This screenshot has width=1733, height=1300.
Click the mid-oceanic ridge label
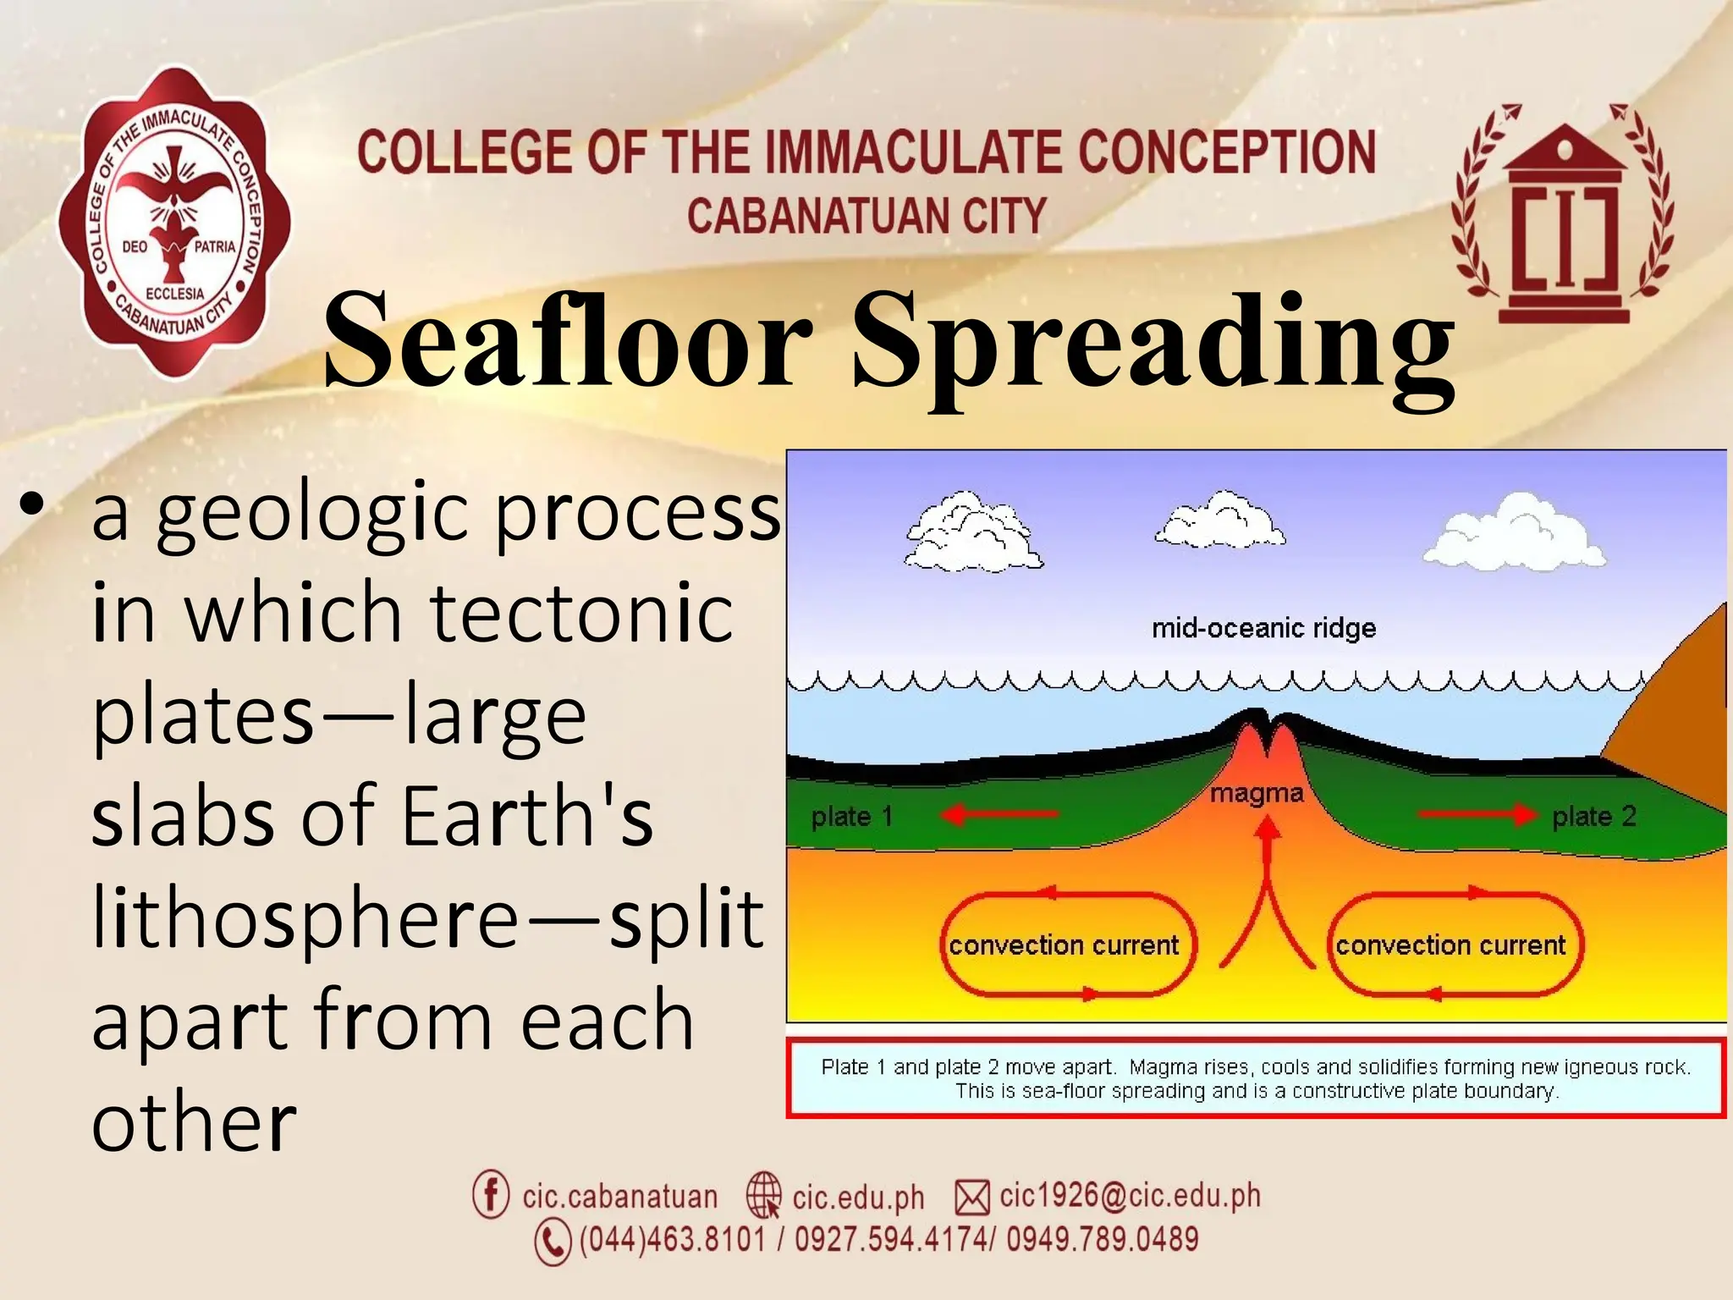[x=1263, y=628]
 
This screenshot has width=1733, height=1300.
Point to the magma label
[x=1256, y=793]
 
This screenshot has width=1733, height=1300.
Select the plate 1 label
[x=851, y=816]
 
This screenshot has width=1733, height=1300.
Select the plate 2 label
[x=1593, y=816]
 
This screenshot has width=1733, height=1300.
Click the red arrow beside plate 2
[x=1477, y=814]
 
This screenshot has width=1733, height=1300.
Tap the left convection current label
[x=1064, y=945]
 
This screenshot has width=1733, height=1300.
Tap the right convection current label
[x=1450, y=945]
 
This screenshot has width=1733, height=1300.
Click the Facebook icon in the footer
[x=491, y=1194]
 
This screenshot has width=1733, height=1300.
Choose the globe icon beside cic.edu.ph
[x=763, y=1195]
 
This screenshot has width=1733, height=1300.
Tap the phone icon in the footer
[x=553, y=1242]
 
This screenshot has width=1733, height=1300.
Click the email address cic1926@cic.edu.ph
[x=1130, y=1195]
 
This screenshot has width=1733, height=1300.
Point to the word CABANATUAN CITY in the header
[x=866, y=215]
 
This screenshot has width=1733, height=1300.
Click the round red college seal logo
[x=173, y=222]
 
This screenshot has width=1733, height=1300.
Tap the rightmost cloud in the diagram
[x=1514, y=532]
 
